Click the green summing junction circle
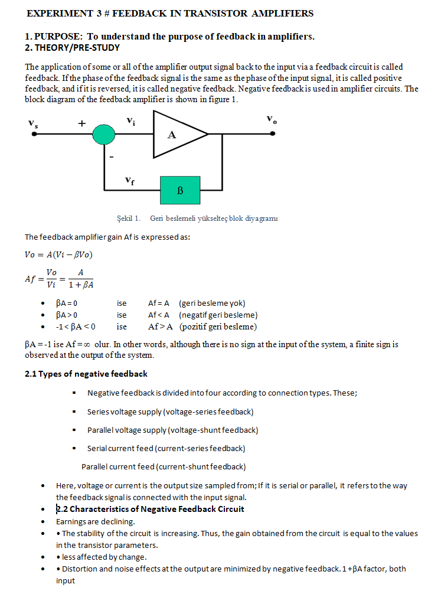click(104, 135)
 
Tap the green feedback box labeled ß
click(180, 190)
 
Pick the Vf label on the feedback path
click(130, 179)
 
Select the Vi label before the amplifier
click(130, 121)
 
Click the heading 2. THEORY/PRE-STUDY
click(72, 48)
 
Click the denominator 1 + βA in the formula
click(80, 285)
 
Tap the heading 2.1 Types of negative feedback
click(86, 374)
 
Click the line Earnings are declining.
click(95, 521)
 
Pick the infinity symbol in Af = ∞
click(82, 344)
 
